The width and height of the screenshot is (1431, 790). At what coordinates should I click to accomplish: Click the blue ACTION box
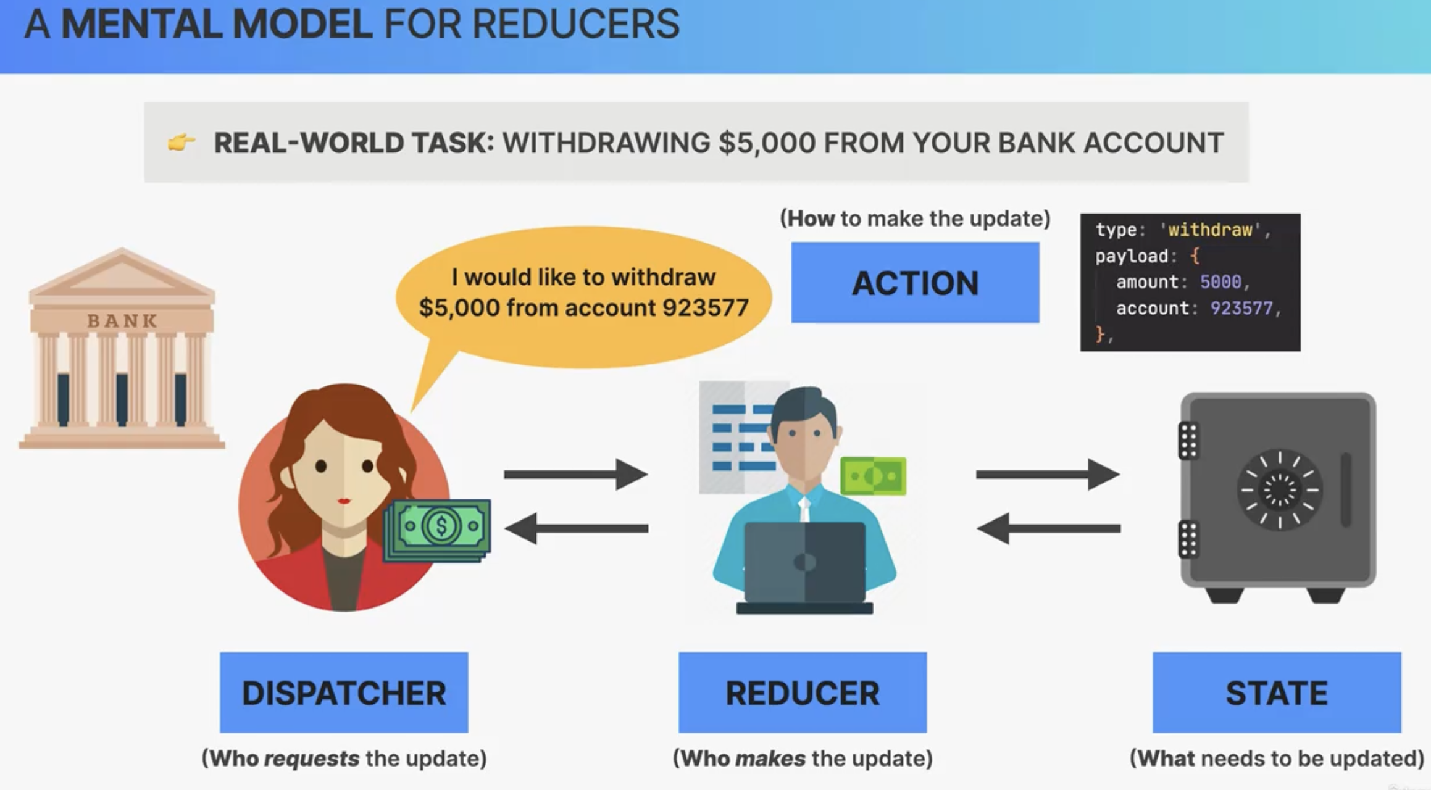point(915,283)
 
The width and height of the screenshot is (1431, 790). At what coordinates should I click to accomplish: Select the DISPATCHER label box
point(344,692)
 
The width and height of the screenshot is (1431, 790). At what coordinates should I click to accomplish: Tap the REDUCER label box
point(803,692)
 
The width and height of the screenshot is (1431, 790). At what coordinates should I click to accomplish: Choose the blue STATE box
point(1277,692)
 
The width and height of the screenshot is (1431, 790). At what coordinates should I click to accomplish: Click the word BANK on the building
point(122,320)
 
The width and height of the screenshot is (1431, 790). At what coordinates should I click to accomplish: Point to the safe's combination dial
point(1280,489)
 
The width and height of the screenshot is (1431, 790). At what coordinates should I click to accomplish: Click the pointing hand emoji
point(181,143)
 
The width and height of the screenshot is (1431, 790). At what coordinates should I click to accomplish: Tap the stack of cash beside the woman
point(437,530)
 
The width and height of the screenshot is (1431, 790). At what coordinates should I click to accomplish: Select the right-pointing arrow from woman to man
point(576,474)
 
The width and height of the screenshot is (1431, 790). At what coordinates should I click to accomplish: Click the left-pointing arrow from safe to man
point(1048,528)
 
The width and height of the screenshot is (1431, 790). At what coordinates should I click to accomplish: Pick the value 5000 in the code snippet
point(1220,282)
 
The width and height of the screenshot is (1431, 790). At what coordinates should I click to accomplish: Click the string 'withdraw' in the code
point(1210,230)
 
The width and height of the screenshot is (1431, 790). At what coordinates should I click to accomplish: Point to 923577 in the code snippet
point(1241,308)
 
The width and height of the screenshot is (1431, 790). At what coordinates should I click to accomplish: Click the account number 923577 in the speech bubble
point(706,307)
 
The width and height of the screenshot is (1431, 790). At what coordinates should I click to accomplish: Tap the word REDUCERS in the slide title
point(575,25)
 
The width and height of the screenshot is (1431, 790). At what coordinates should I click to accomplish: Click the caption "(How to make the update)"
point(915,218)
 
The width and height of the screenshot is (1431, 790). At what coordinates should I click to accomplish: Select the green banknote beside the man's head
point(874,476)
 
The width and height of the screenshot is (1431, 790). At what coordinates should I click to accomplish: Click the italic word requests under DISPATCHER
point(312,759)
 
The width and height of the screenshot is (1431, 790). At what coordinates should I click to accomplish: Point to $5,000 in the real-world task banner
point(766,143)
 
